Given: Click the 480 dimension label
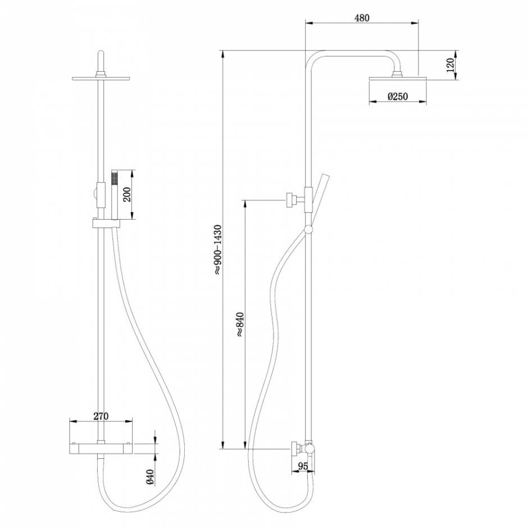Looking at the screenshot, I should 362,17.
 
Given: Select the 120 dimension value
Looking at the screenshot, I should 450,66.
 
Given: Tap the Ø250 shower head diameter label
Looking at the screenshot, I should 398,97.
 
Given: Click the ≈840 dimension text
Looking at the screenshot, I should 240,323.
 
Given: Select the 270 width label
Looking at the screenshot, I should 100,416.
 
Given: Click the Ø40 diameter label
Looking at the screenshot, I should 149,476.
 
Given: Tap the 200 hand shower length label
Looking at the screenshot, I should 126,194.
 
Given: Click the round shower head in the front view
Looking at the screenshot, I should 101,78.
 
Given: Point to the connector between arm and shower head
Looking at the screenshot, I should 398,72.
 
